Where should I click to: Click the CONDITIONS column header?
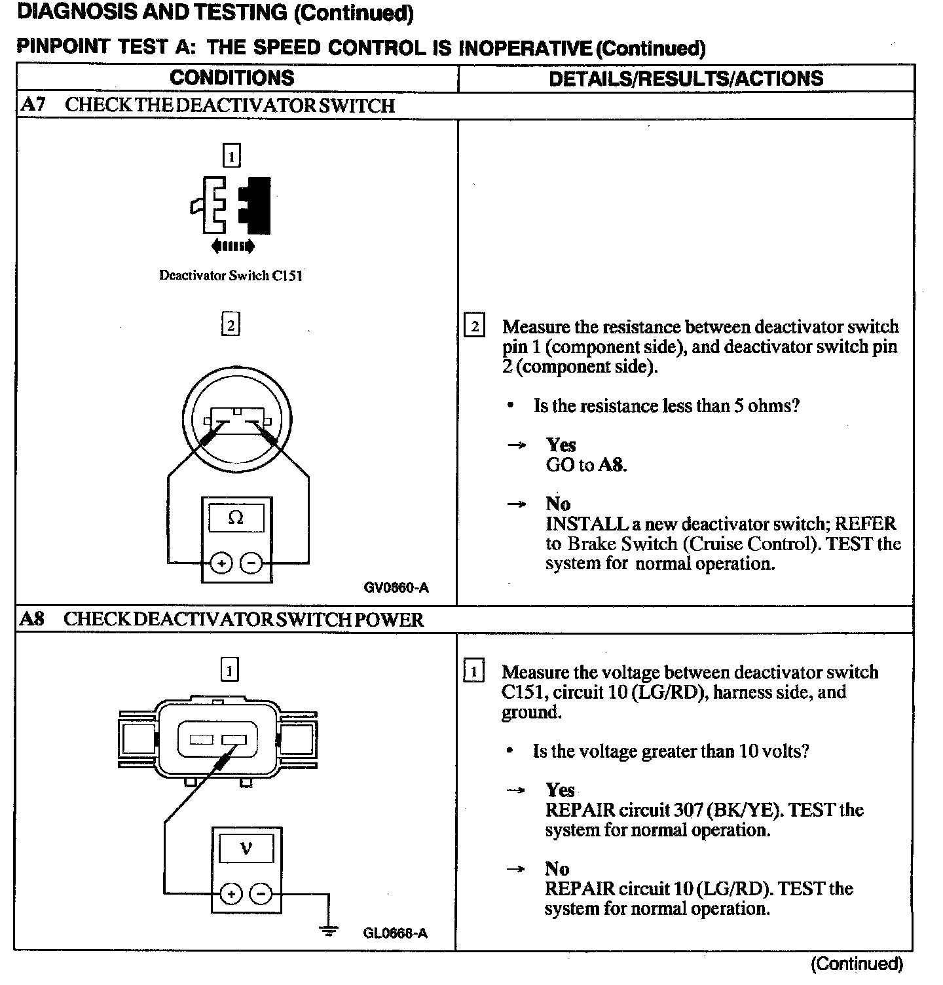coord(232,78)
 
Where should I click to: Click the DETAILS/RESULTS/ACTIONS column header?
coord(686,79)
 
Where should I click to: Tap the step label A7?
coord(33,105)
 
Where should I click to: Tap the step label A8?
coord(32,619)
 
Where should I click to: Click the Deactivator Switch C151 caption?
coord(231,276)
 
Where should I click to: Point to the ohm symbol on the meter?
coord(236,518)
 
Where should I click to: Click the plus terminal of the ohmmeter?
coord(221,563)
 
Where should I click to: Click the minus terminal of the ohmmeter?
coord(251,563)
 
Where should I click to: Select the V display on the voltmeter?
coord(246,849)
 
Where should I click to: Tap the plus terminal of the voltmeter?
coord(231,893)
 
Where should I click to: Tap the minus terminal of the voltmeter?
coord(261,893)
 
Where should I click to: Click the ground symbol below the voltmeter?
coord(328,930)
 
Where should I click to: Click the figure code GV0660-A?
coord(396,587)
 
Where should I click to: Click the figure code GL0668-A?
coord(395,933)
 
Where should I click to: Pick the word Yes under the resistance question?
coord(561,445)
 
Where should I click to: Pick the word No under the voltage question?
coord(557,869)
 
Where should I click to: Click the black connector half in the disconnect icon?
coord(256,204)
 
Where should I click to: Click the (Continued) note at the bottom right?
coord(857,964)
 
